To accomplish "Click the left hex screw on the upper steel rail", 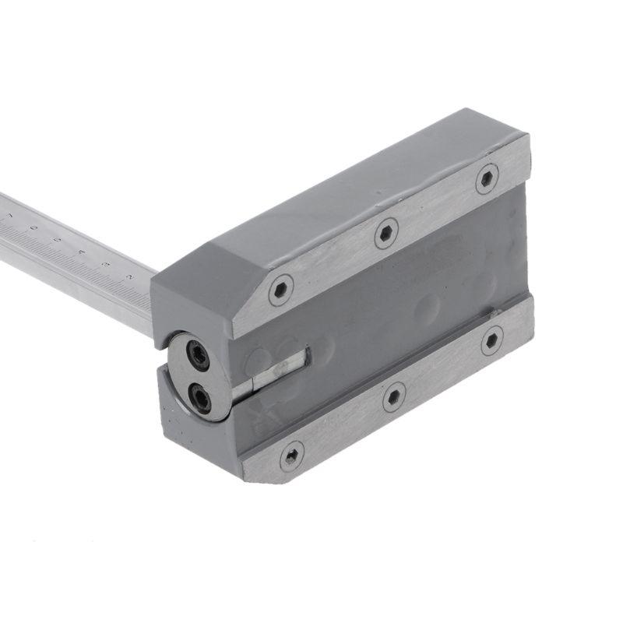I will tap(280, 290).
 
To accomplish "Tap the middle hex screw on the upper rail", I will tap(385, 233).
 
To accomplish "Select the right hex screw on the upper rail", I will tap(487, 178).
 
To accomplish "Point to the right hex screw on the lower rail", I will tap(491, 340).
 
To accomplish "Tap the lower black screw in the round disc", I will tap(202, 399).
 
